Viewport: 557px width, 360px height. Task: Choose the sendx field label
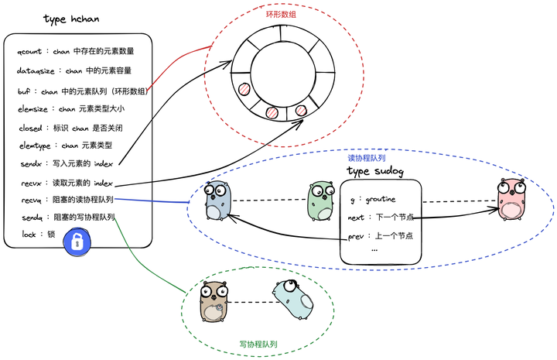tap(28, 164)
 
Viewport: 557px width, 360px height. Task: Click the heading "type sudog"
tap(374, 171)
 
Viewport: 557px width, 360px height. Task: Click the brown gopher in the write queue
tap(215, 302)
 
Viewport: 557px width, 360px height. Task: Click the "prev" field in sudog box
tap(356, 235)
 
